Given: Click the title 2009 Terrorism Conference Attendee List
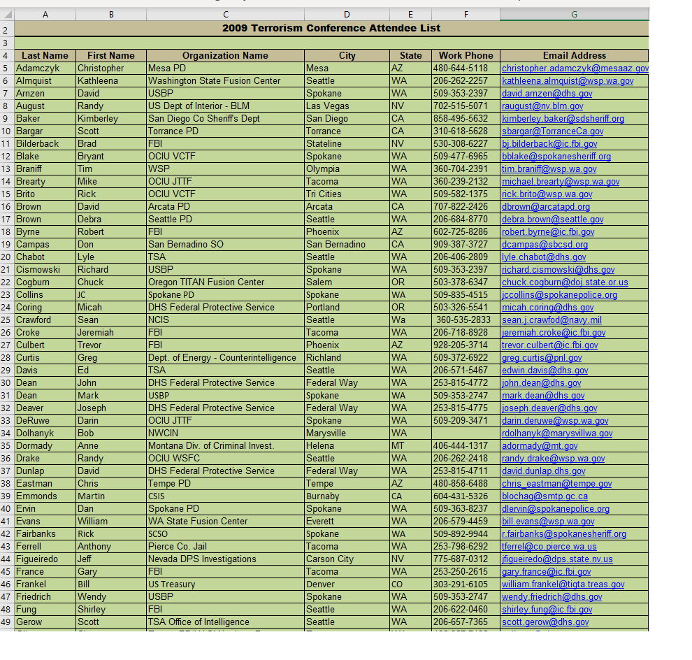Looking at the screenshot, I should pos(331,28).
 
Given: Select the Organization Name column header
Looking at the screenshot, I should pos(225,55).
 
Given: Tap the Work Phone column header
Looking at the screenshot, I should pos(466,55).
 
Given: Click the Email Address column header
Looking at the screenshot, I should pos(574,55).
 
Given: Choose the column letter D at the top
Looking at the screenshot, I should pos(347,14).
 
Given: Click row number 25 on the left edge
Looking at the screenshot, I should pos(7,320).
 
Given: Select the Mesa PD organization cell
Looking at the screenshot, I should pos(167,68).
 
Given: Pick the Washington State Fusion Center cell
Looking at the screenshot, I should pos(214,80).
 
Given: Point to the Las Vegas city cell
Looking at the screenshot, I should pos(328,106).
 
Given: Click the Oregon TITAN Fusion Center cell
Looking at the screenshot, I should pos(206,282).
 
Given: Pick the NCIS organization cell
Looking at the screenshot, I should pos(159,320).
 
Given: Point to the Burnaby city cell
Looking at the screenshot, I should pos(323,496).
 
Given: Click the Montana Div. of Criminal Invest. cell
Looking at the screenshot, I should pos(211,445).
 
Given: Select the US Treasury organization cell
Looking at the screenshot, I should pos(172,584).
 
